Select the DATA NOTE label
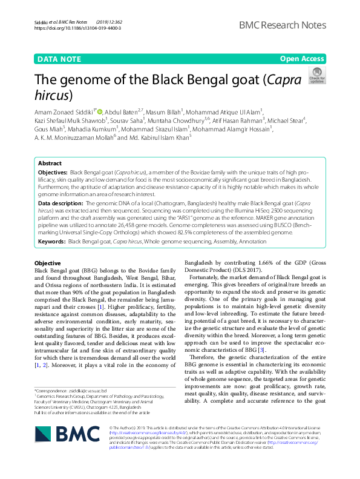click(59, 59)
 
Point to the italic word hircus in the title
click(51, 95)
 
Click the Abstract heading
click(50, 164)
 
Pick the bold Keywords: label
click(51, 242)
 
